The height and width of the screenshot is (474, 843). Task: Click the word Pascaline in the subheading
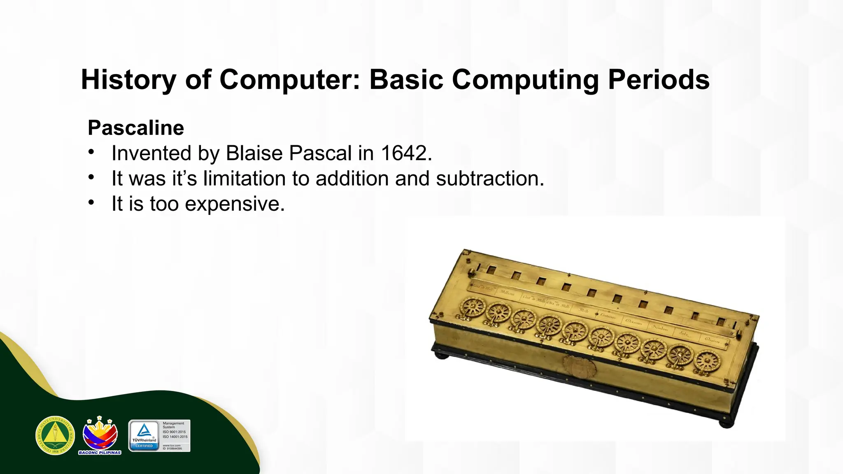click(x=136, y=128)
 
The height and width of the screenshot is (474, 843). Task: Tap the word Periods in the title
click(x=659, y=79)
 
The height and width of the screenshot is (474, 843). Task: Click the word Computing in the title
click(x=525, y=79)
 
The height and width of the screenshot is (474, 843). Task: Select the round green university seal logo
click(x=55, y=435)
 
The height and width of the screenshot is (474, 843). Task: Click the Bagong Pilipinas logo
click(x=100, y=435)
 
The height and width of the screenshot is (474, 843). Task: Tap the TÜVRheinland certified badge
click(x=159, y=436)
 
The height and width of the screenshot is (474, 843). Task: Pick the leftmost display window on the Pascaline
click(x=491, y=270)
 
